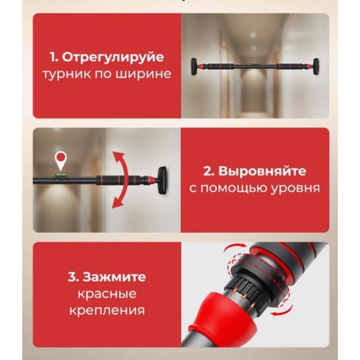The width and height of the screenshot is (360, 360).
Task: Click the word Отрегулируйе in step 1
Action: pos(113,57)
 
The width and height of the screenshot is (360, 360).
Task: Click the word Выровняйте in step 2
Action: pos(262,171)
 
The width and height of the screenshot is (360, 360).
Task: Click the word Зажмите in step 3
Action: pos(114,277)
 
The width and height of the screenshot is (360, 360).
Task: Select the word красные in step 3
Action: pos(107,294)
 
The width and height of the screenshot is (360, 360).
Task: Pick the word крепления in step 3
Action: pos(107,311)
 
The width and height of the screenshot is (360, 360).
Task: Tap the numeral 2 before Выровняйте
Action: pos(208,172)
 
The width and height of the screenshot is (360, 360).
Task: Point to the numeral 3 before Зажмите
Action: pos(73,277)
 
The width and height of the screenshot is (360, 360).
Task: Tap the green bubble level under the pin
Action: pos(61,176)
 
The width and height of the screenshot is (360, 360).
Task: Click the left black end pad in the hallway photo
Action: pos(194,67)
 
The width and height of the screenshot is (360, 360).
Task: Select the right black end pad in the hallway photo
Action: pos(316,67)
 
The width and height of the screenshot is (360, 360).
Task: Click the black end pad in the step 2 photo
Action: pos(163,181)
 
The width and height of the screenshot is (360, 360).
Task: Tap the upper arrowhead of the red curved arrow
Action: pos(120,156)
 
